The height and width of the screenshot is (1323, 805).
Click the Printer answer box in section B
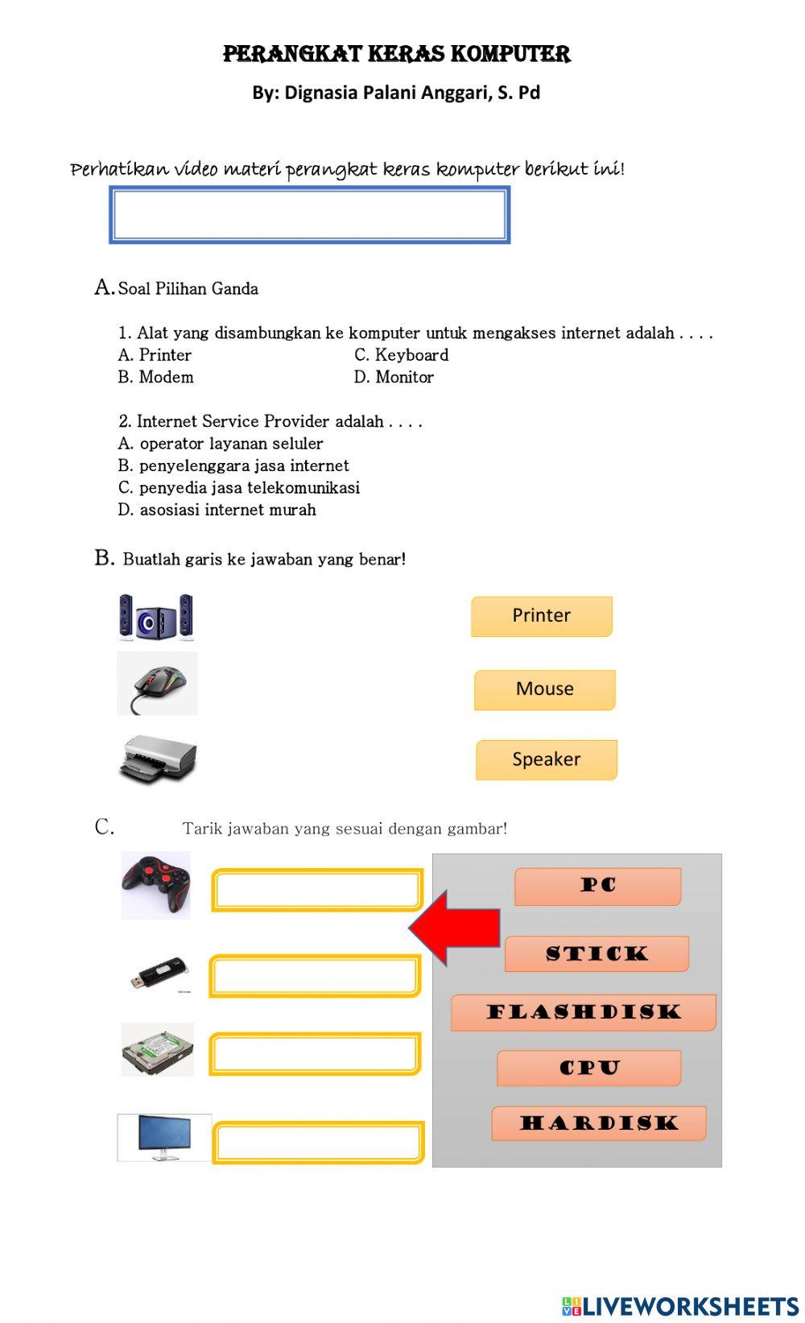(541, 616)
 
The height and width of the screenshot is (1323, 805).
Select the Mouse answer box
(544, 689)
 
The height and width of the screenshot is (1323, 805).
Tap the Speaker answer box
(546, 759)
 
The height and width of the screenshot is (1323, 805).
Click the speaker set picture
(156, 618)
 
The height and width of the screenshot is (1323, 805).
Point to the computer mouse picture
(158, 684)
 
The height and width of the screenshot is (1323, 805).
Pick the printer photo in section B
(158, 759)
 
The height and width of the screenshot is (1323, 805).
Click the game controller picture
(156, 885)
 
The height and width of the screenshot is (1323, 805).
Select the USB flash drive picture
(160, 974)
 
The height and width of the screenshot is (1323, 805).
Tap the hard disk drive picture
(158, 1049)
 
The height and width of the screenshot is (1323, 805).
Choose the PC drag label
(597, 886)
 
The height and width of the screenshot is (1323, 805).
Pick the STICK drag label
(597, 953)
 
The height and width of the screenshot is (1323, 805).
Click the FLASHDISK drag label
(583, 1012)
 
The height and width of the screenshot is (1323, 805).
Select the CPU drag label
(589, 1068)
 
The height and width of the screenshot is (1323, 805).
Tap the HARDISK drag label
(598, 1122)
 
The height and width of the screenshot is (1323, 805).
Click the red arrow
(455, 928)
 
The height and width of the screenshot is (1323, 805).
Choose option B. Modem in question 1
(156, 378)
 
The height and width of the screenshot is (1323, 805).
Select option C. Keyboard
(401, 355)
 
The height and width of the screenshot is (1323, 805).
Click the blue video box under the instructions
(309, 215)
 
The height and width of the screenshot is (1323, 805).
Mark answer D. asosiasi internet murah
(217, 510)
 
